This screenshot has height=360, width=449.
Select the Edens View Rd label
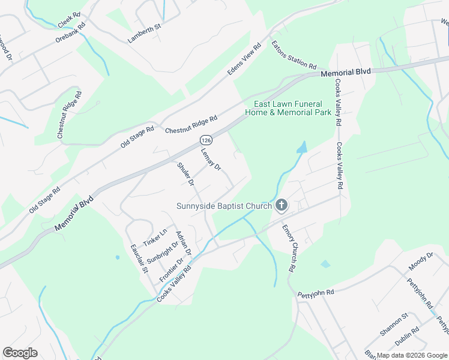click(x=244, y=59)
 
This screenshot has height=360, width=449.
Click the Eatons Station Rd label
click(x=294, y=54)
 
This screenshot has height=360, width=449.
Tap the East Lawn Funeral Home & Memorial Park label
click(x=288, y=108)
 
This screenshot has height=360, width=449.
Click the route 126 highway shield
click(x=205, y=139)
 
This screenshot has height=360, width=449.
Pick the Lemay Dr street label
click(x=211, y=158)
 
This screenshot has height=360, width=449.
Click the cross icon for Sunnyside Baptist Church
click(x=281, y=206)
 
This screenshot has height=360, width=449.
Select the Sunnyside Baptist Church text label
click(x=224, y=206)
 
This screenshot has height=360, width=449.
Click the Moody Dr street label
click(x=420, y=262)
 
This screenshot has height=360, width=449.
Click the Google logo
click(x=20, y=352)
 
